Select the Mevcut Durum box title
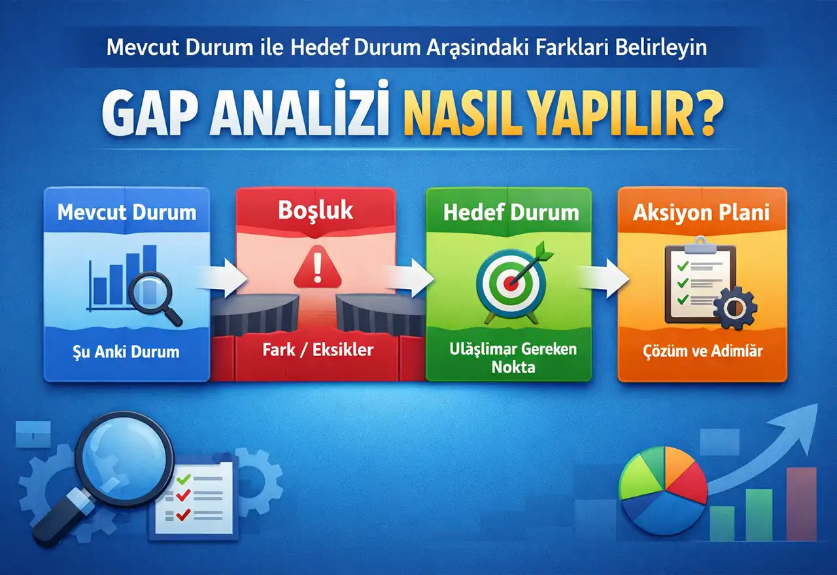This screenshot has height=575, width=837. click(x=127, y=212)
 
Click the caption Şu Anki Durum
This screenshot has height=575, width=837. click(x=127, y=352)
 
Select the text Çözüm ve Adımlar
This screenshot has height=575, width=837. click(x=702, y=352)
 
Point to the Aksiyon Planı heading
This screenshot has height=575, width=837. click(x=702, y=212)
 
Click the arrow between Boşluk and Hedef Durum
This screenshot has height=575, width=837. click(x=409, y=277)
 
